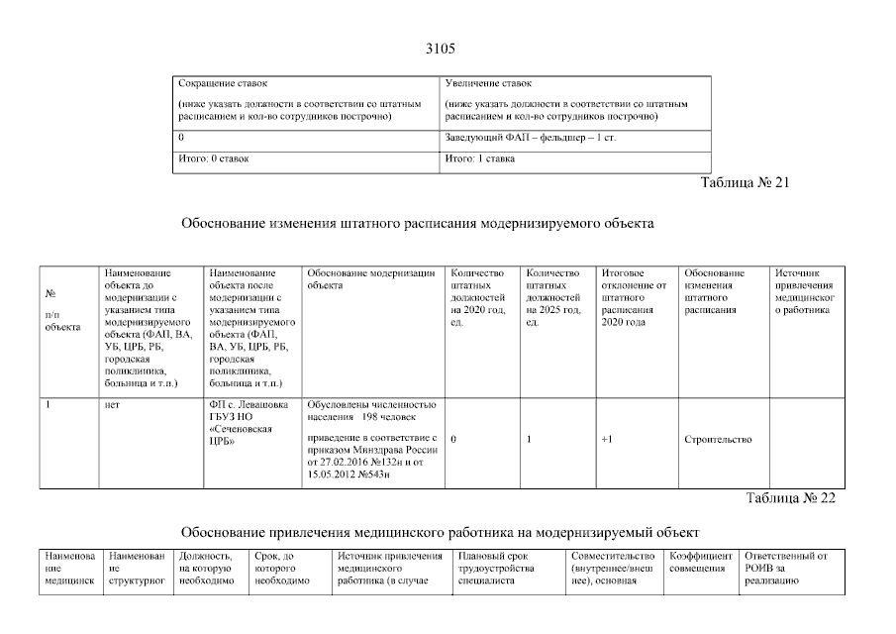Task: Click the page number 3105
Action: click(440, 49)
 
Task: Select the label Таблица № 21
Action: click(745, 183)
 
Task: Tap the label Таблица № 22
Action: click(790, 498)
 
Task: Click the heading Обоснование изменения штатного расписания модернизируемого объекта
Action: click(417, 224)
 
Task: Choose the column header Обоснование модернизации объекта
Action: click(370, 278)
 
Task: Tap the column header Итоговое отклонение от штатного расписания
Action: click(634, 297)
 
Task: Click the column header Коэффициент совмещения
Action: click(701, 562)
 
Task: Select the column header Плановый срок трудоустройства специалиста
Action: click(497, 568)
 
